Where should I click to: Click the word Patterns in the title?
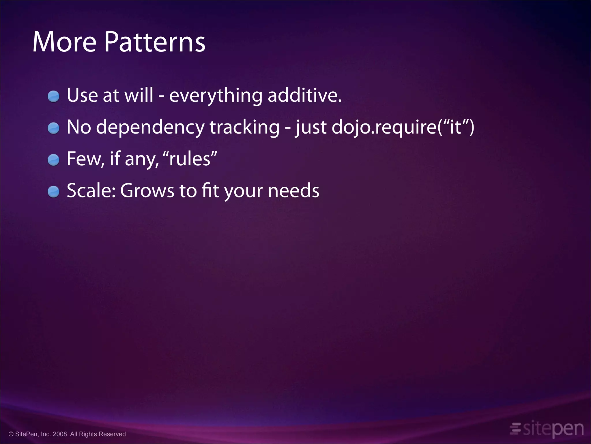(x=155, y=42)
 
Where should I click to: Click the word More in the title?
(x=64, y=42)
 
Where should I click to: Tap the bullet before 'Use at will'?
(x=53, y=96)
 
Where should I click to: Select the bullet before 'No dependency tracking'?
(x=53, y=128)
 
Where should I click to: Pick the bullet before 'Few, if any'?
(x=53, y=160)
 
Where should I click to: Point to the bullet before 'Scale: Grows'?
(x=53, y=192)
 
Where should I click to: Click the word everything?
(x=216, y=96)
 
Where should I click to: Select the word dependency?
(x=150, y=127)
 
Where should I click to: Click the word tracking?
(x=244, y=127)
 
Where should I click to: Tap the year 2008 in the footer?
(x=60, y=434)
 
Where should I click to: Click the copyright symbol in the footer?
(x=11, y=434)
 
